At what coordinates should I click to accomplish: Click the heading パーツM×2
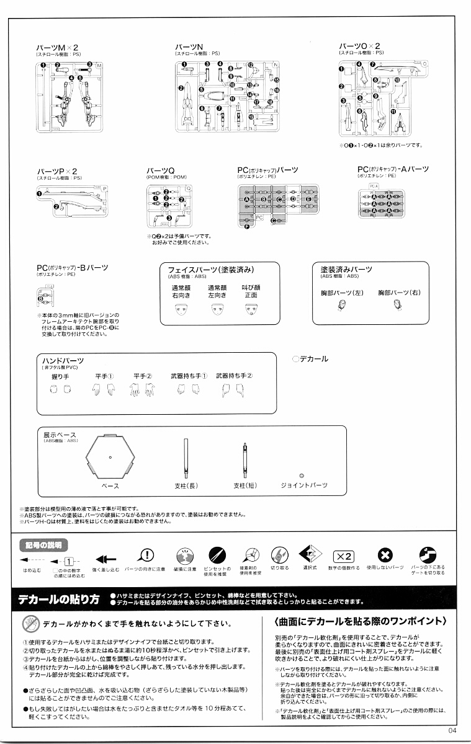coord(57,47)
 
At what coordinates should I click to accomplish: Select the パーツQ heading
coord(160,170)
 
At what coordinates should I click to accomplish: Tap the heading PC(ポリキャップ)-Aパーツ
coord(393,169)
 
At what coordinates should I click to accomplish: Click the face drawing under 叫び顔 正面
coord(251,309)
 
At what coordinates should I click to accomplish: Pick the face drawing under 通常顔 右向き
coord(181,309)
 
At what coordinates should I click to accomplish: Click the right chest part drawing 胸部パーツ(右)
coord(398,304)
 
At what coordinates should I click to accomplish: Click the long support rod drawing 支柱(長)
coord(186,459)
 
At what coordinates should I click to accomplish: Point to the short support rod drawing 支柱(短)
coord(244,459)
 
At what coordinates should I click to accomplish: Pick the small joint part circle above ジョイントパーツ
coord(302,476)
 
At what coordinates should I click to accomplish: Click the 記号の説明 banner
coord(42,545)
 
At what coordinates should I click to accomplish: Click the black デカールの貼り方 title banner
coord(60,600)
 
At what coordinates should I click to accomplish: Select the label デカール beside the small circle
coord(314,359)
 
